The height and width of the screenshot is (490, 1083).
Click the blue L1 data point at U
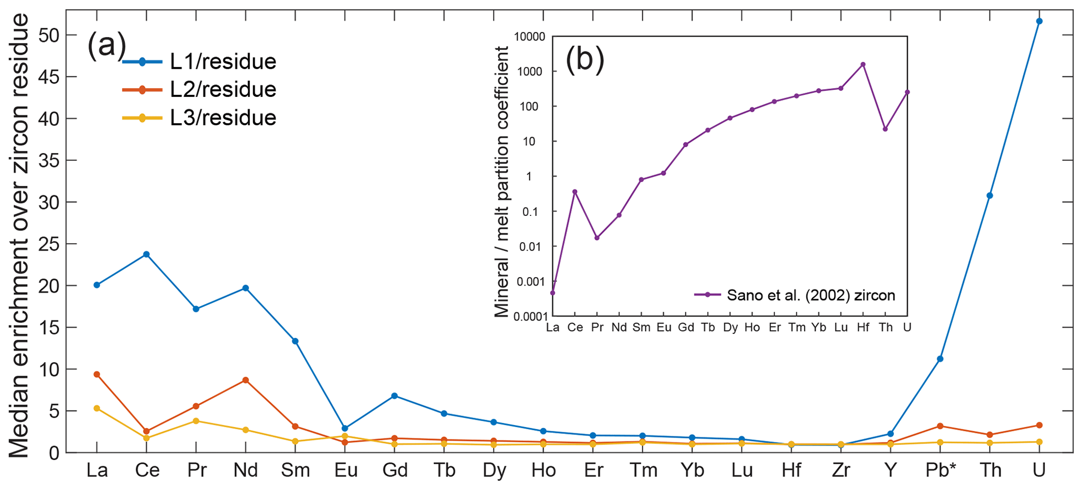coord(1039,21)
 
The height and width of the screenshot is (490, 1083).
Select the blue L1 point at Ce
coord(146,254)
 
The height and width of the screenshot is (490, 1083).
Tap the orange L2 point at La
coord(97,374)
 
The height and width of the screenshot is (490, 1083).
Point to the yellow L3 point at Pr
coord(196,421)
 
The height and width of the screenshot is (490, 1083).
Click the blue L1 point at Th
coord(990,195)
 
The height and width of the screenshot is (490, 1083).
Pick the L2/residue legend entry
coord(223,90)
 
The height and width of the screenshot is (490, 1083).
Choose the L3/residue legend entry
coord(223,117)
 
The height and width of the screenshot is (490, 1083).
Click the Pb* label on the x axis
coord(940,470)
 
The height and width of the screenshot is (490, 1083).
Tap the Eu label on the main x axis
coord(346,470)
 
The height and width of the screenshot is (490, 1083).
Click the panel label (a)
coord(106,45)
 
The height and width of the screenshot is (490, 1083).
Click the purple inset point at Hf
coord(862,64)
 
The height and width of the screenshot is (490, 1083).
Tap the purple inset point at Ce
coord(575,192)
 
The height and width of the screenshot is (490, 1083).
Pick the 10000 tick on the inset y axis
coord(530,37)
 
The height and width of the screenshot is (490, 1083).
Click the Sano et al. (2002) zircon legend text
coord(811,296)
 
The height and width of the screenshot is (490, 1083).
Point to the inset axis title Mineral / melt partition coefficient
coord(502,181)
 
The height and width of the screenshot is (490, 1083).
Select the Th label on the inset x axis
coord(885,328)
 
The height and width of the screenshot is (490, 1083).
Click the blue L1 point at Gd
coord(395,396)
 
